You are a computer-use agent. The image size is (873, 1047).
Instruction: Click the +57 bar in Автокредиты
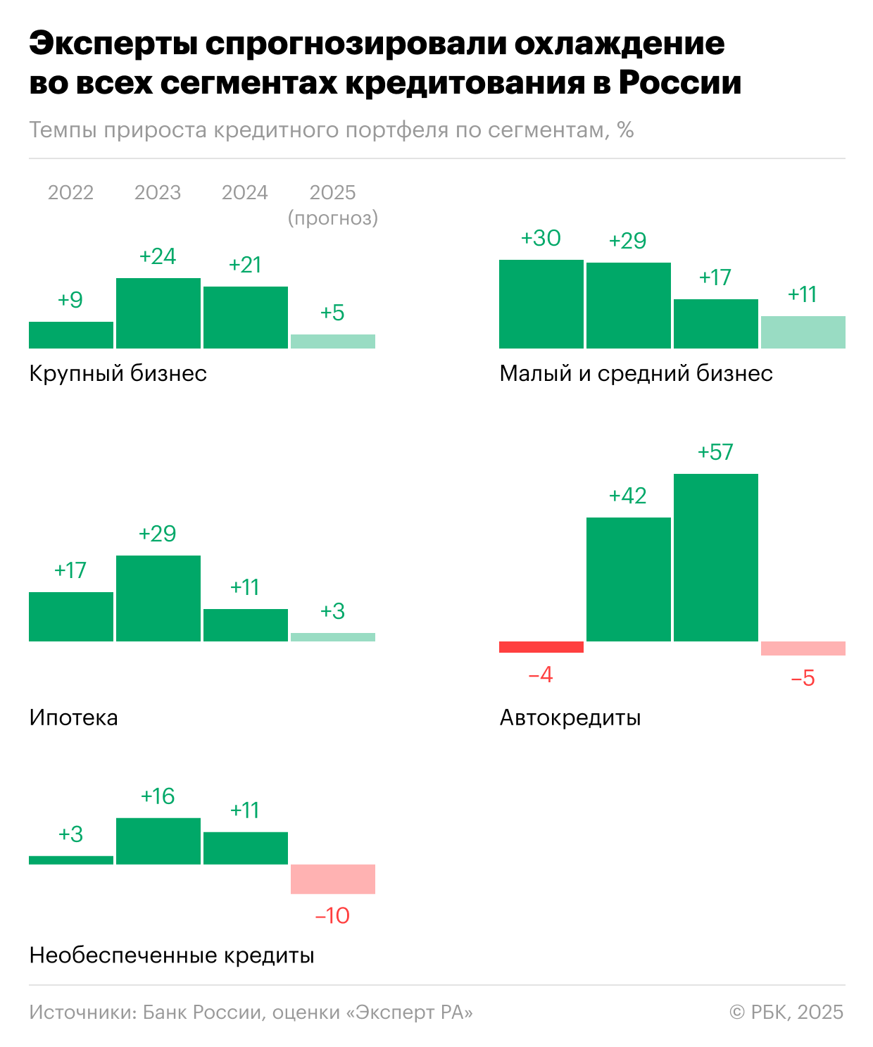click(x=715, y=558)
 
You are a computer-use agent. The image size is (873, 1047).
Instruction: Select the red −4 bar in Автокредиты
click(x=541, y=647)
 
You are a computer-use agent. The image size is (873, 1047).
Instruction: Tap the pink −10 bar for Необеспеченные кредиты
click(x=332, y=879)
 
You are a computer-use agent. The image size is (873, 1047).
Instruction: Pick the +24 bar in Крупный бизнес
click(x=158, y=313)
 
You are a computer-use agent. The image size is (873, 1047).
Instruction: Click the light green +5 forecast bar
click(x=332, y=341)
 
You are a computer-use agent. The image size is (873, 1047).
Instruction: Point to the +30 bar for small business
click(x=541, y=304)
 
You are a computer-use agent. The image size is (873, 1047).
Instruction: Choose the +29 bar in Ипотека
click(x=158, y=598)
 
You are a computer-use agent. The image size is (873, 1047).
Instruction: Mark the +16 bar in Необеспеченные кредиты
click(x=158, y=841)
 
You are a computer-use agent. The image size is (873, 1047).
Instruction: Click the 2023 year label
click(x=158, y=192)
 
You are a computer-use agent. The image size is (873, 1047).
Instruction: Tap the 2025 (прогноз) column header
click(x=332, y=204)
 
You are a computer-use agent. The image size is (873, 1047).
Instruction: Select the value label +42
click(x=627, y=496)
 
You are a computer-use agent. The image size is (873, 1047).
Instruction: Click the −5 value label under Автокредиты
click(x=803, y=678)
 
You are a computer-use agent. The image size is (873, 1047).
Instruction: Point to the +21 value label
click(x=245, y=265)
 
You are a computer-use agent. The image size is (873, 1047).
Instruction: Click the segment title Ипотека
click(x=73, y=717)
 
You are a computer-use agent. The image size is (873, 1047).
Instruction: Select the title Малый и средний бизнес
click(x=636, y=373)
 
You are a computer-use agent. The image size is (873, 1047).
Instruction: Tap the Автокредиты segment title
click(x=570, y=717)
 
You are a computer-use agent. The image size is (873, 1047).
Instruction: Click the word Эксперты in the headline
click(x=113, y=44)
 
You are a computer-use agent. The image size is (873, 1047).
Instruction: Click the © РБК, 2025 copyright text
click(x=786, y=1012)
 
